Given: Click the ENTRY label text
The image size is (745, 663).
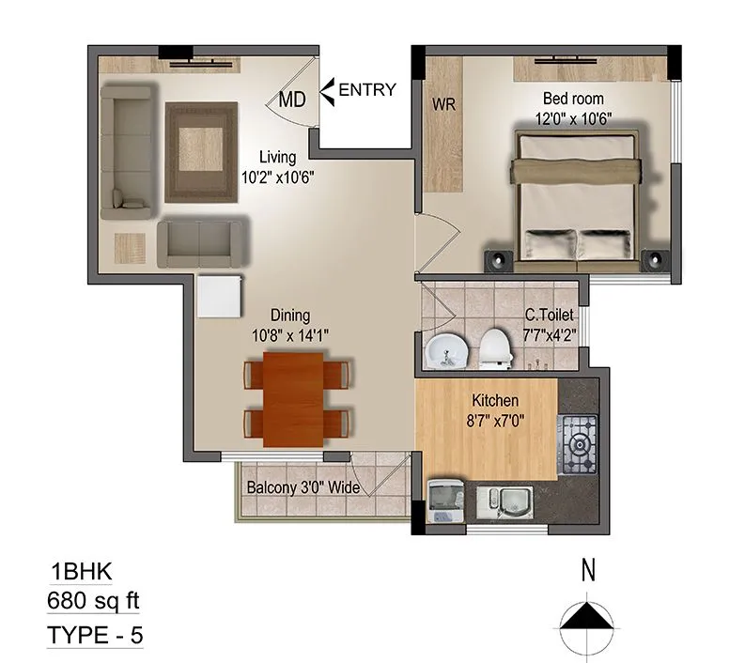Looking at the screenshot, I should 366,90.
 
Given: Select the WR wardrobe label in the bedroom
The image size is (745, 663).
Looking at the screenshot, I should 443,105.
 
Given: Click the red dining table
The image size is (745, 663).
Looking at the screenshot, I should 295,397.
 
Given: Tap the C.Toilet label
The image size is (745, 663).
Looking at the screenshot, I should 550,316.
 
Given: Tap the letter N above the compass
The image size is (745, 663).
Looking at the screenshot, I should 589,570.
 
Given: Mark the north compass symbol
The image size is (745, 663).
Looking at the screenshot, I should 589,619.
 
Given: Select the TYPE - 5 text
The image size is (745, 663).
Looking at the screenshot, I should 95,635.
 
